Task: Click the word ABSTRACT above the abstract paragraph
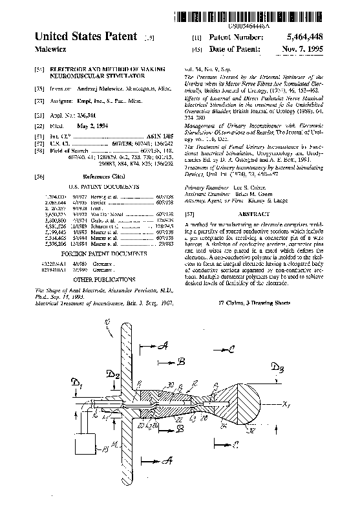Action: click(255, 213)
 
